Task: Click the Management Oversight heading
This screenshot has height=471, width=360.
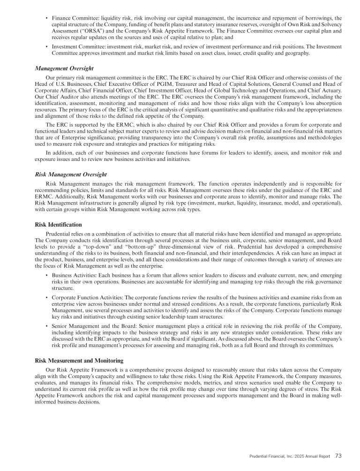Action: [64, 68]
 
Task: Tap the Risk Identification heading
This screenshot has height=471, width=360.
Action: [59, 225]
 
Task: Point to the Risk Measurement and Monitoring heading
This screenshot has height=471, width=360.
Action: [79, 361]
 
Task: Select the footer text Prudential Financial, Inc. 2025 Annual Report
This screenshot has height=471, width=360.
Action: [290, 456]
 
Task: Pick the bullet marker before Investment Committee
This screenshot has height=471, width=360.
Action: [46, 47]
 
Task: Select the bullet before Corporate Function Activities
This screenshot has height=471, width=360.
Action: [46, 297]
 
